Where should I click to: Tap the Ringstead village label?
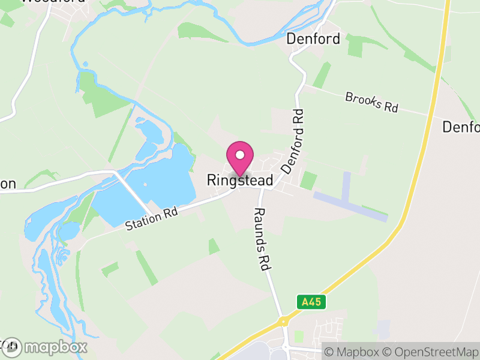pyautogui.click(x=240, y=180)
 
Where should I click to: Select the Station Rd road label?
pyautogui.click(x=152, y=218)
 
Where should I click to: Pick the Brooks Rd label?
pyautogui.click(x=372, y=102)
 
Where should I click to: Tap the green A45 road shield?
pyautogui.click(x=311, y=302)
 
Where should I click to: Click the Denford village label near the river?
pyautogui.click(x=313, y=40)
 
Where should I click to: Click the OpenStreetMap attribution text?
pyautogui.click(x=432, y=351)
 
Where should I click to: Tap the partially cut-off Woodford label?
pyautogui.click(x=45, y=2)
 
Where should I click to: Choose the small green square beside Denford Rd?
pyautogui.click(x=308, y=180)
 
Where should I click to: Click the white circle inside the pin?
pyautogui.click(x=240, y=154)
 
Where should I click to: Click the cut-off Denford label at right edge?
pyautogui.click(x=461, y=127)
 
